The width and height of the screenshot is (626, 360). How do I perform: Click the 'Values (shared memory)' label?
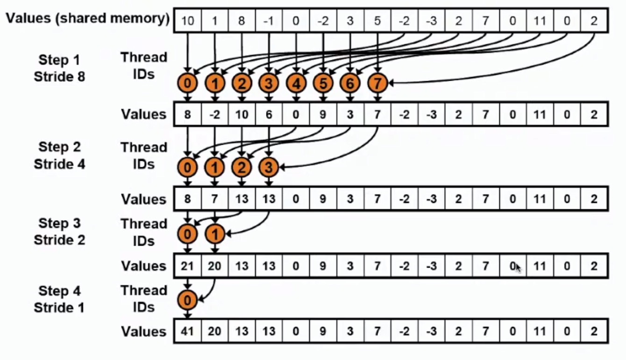[87, 19]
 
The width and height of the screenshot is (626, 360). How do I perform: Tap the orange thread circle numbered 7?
[377, 84]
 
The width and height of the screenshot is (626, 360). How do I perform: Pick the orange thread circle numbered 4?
[296, 84]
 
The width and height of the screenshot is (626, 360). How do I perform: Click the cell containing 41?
[187, 332]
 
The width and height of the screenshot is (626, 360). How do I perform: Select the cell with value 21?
[187, 266]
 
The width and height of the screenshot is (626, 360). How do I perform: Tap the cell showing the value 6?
[269, 114]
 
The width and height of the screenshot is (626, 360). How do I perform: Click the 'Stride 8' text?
[59, 77]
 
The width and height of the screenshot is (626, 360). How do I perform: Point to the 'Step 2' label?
[59, 147]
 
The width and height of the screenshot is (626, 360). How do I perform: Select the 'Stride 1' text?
[59, 307]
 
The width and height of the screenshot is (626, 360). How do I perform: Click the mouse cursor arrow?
[518, 268]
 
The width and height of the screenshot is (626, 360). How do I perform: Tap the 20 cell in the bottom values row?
[214, 332]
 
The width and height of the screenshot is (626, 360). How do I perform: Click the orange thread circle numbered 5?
[323, 84]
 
